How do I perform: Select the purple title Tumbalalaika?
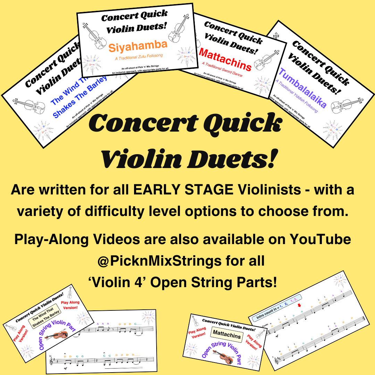tap(302, 89)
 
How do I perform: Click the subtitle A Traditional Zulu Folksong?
tap(139, 57)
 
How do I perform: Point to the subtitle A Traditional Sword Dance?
tap(222, 69)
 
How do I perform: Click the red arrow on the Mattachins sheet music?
tap(299, 306)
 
